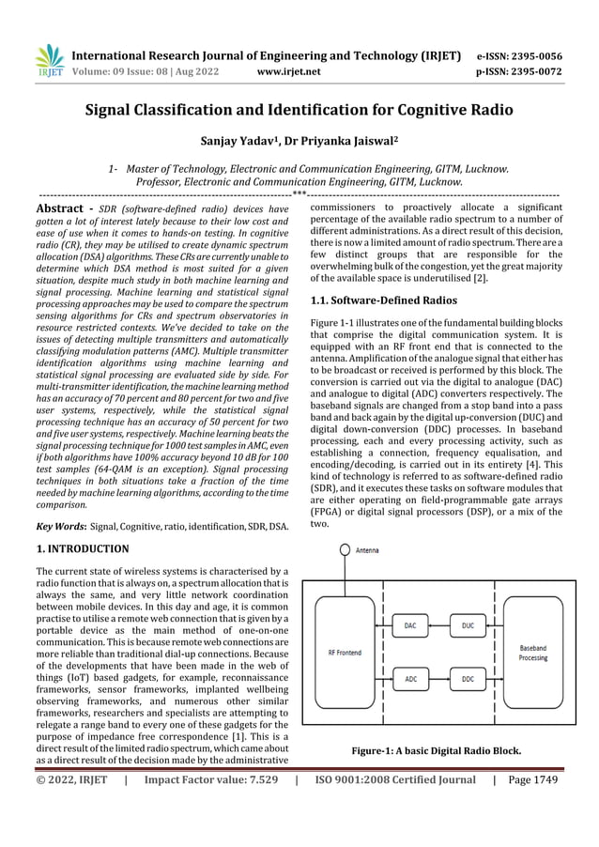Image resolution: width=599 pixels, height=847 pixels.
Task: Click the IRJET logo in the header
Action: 48,60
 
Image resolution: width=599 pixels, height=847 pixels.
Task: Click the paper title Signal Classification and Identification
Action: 299,111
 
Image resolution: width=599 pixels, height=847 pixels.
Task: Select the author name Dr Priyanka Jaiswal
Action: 350,143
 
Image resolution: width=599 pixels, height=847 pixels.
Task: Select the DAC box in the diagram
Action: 410,624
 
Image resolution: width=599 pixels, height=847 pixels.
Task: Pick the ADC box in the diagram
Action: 410,676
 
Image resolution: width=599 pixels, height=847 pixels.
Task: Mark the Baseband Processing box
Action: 533,653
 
